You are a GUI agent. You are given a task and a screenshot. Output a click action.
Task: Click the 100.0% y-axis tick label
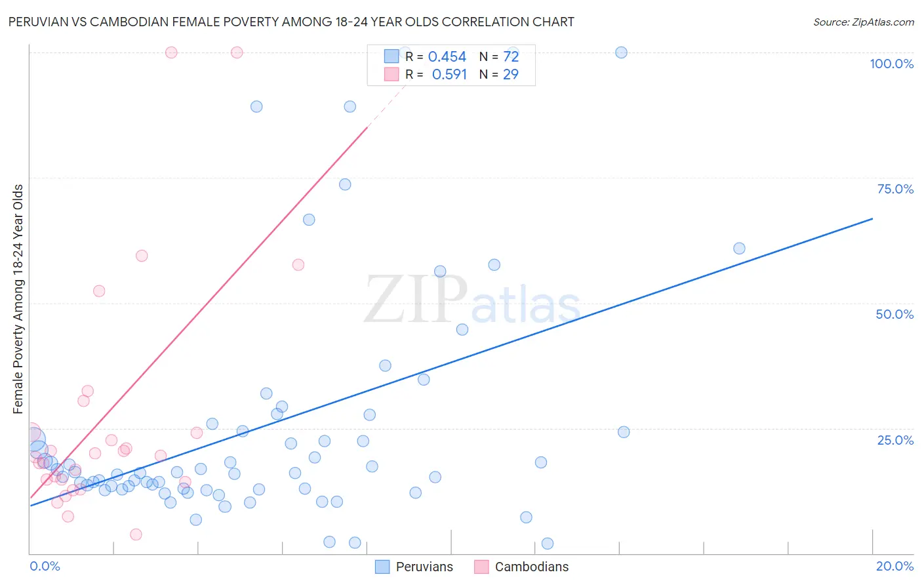tap(891, 64)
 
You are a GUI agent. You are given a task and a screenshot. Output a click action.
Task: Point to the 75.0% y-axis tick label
tap(895, 189)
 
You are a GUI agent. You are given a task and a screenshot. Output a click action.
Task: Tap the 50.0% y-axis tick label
tap(894, 314)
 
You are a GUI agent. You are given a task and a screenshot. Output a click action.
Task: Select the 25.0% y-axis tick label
tap(895, 439)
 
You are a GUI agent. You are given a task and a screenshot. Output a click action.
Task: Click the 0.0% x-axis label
tap(45, 566)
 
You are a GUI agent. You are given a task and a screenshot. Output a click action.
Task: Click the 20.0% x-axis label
tap(894, 566)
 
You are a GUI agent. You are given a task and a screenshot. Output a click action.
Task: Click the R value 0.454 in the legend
tap(447, 57)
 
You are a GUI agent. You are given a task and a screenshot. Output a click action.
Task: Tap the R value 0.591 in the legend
tap(449, 75)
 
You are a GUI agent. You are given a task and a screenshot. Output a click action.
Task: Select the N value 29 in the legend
tap(510, 75)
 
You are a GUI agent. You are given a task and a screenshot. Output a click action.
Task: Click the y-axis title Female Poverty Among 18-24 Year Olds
tap(18, 299)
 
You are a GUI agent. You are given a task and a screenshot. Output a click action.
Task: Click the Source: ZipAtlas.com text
tap(863, 22)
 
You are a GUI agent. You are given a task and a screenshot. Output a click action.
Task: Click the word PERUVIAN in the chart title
tap(41, 22)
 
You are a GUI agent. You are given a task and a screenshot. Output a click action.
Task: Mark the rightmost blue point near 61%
tap(739, 249)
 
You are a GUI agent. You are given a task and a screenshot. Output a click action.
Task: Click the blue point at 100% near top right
tap(621, 52)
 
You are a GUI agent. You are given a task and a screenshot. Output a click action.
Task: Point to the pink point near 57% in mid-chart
tap(298, 265)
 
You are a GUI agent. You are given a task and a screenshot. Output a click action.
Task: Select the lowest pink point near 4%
tap(136, 535)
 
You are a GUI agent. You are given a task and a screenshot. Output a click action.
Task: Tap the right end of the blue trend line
tap(872, 218)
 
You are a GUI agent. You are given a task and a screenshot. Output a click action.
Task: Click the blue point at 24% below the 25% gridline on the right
tap(624, 432)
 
